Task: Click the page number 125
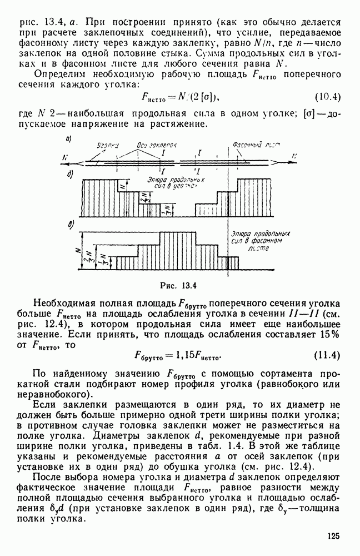coord(333,536)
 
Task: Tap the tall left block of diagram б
coord(100,197)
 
